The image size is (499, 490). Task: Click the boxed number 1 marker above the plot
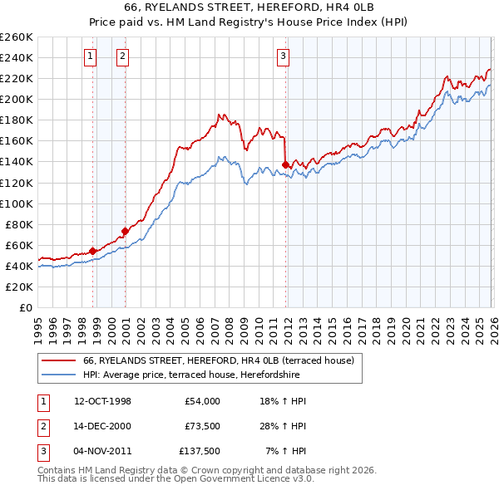90,56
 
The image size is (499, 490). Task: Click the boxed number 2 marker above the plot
122,56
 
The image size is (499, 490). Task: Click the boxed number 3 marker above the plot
283,56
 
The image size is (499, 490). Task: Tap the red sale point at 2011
285,164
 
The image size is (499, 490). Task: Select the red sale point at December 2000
125,231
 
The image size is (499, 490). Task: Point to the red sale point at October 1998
93,251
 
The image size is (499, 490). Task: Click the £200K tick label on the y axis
17,99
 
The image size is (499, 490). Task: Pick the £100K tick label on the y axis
17,203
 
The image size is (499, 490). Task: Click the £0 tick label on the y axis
25,307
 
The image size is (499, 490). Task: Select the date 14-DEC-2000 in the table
102,426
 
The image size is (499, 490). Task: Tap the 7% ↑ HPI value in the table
288,451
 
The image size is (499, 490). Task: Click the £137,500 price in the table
199,451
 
